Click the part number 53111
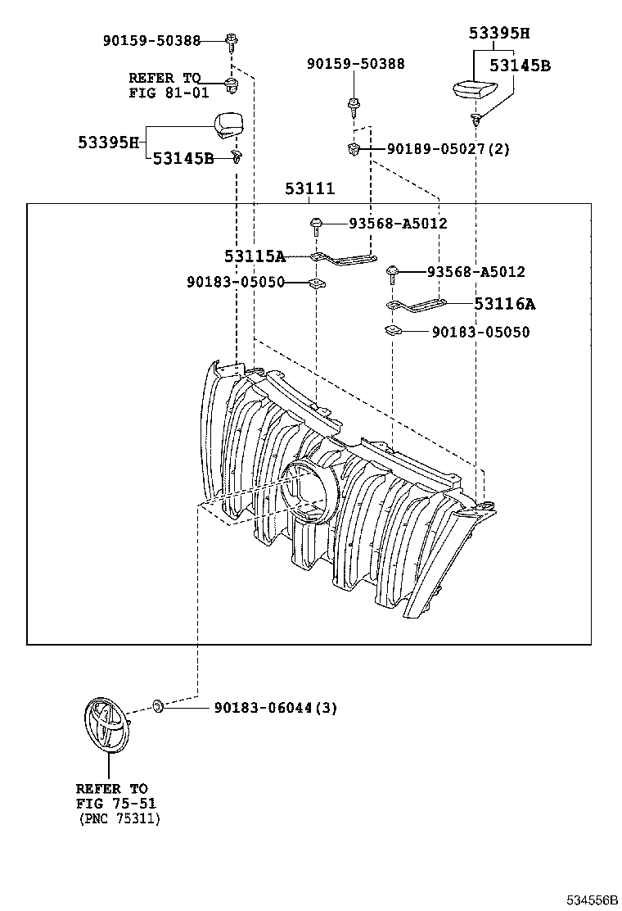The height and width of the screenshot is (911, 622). tap(309, 189)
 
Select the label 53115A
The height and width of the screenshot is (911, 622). tap(255, 256)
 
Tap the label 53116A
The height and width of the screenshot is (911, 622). tap(504, 304)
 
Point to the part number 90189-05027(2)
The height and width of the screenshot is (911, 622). tap(448, 149)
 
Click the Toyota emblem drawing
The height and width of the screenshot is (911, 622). tap(104, 724)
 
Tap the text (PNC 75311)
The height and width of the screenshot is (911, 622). tap(119, 818)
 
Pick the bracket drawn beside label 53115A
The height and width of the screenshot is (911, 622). tap(345, 259)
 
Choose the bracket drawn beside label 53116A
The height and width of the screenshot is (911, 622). tap(416, 306)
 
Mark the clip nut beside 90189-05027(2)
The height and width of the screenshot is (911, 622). tap(354, 148)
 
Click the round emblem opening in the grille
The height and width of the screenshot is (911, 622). tap(309, 492)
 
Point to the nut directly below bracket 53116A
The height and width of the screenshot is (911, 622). tap(392, 331)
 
